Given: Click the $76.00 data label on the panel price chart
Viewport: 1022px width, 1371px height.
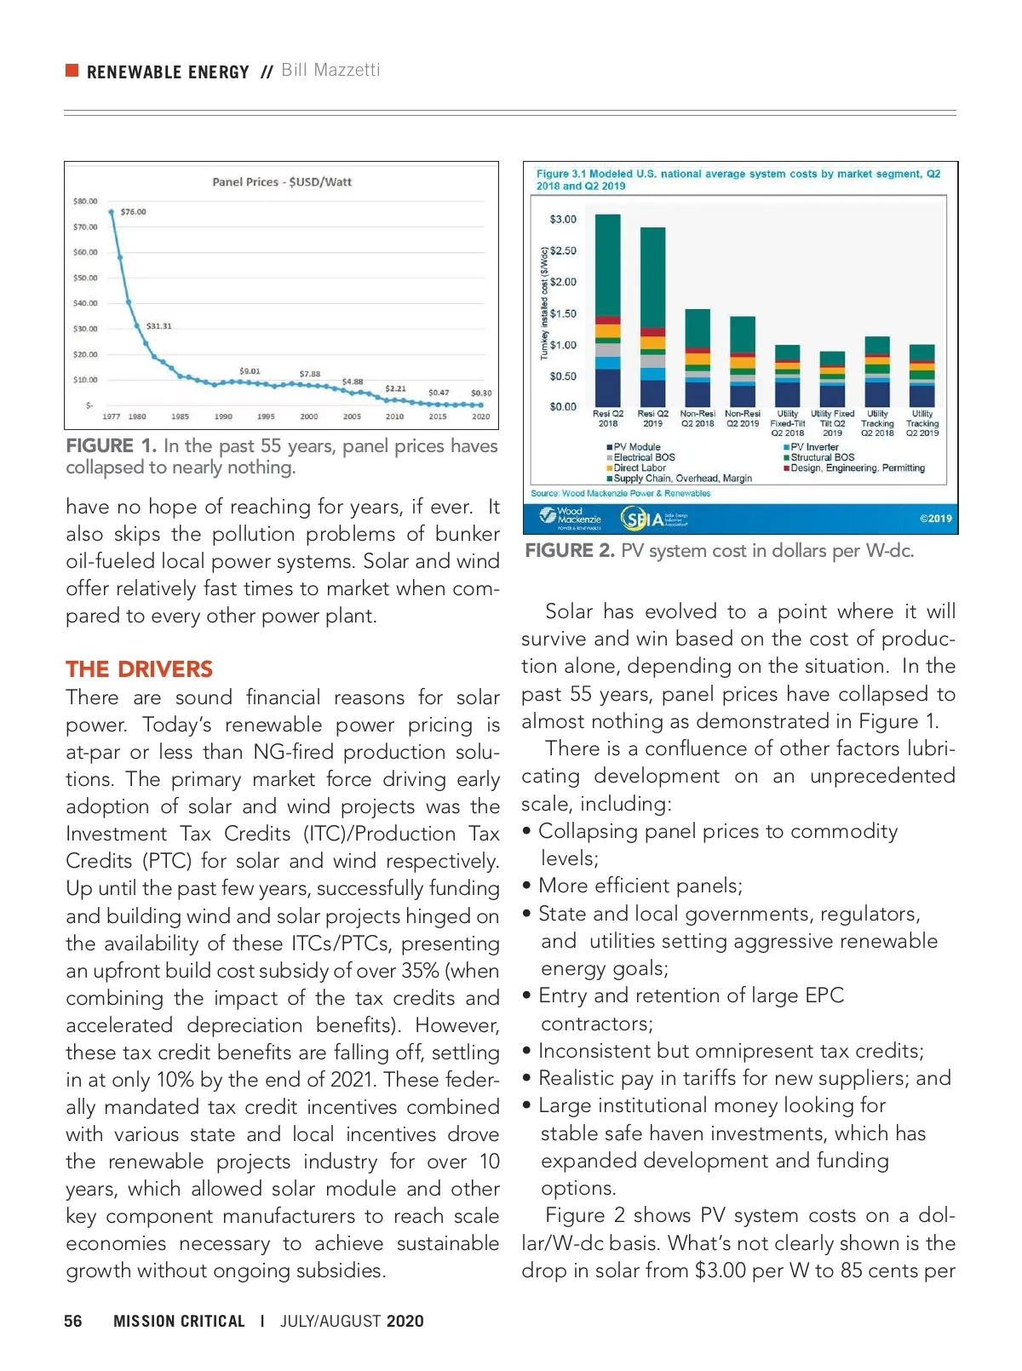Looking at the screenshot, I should pos(133,212).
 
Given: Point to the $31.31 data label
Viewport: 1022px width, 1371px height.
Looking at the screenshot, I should pos(158,326).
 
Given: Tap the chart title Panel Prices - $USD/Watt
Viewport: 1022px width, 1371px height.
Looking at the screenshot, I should pos(282,182).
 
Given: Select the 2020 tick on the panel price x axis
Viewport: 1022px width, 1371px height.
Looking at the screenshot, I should pos(481,416).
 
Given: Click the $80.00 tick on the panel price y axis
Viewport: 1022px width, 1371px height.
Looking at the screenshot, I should pos(85,202).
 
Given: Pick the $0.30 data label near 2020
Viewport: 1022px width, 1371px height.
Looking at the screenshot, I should pos(481,393).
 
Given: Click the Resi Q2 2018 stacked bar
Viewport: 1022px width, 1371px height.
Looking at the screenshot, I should pos(607,310).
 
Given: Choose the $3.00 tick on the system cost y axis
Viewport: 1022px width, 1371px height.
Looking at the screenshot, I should pos(563,220).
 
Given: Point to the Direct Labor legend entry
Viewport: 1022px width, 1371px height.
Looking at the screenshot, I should pos(639,468).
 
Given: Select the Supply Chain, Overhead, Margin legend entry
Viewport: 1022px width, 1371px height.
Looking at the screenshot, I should pos(681,479).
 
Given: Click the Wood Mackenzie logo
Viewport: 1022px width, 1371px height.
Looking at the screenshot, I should pos(571,517).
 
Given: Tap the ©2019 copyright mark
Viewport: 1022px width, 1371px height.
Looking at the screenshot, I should pos(935,519).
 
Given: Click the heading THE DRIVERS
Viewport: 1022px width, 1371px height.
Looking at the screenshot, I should pos(139,669).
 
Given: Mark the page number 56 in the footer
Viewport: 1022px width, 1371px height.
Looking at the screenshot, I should pos(73,1321).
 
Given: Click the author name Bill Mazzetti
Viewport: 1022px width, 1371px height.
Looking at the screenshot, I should pos(330,70).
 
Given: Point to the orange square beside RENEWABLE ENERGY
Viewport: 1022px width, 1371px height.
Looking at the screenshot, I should pos(72,70).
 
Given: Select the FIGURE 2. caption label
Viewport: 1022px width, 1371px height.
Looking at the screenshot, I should pos(569,551).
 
